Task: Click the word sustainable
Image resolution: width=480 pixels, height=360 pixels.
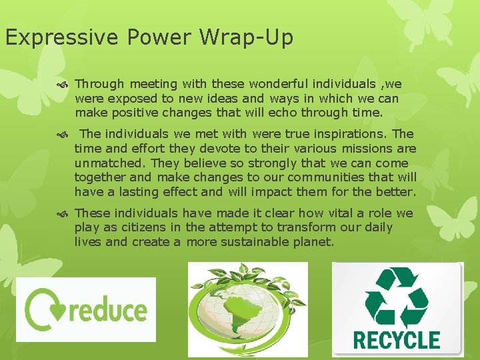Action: pos(259,241)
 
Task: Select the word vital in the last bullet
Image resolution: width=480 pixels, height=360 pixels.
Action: pos(328,213)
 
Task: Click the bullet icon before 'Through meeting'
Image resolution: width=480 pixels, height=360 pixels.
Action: pos(64,85)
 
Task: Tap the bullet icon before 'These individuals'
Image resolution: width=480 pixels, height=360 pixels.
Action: pos(64,214)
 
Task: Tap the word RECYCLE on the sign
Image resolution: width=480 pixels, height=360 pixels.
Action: pos(397,339)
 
